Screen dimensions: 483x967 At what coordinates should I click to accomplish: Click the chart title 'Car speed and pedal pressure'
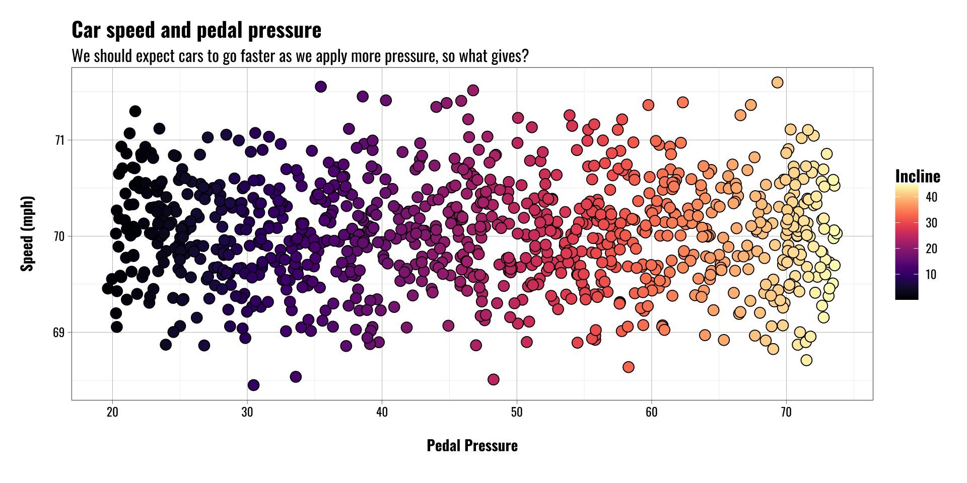(x=196, y=30)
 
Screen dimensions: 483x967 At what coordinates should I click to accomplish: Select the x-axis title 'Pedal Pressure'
(x=472, y=446)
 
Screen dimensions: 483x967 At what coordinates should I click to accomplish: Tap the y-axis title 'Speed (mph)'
(x=27, y=234)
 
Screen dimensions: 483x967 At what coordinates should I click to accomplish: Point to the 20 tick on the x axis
(x=112, y=412)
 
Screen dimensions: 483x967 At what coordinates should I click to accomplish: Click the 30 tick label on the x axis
(x=247, y=412)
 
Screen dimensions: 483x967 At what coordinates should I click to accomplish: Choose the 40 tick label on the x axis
(x=382, y=412)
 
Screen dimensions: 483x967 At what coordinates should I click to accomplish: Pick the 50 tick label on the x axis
(x=517, y=412)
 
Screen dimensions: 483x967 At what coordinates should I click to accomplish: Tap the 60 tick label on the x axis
(x=651, y=412)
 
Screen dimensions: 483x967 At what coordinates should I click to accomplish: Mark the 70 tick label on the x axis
(x=786, y=412)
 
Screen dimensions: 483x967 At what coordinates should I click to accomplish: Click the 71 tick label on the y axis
(x=60, y=140)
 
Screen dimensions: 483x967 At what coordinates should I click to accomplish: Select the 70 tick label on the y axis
(x=60, y=236)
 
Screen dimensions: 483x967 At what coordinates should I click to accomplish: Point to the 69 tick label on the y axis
(x=60, y=333)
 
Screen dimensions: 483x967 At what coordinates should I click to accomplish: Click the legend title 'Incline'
(x=918, y=176)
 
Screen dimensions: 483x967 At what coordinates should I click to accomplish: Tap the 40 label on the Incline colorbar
(x=932, y=197)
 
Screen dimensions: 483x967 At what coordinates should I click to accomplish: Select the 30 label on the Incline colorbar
(x=932, y=223)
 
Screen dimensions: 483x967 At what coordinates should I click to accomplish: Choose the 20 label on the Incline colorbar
(x=932, y=249)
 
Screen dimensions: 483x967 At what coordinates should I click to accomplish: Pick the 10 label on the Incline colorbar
(x=932, y=275)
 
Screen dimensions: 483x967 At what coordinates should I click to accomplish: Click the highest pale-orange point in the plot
(x=777, y=82)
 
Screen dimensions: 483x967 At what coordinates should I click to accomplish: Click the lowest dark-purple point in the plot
(x=253, y=385)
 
